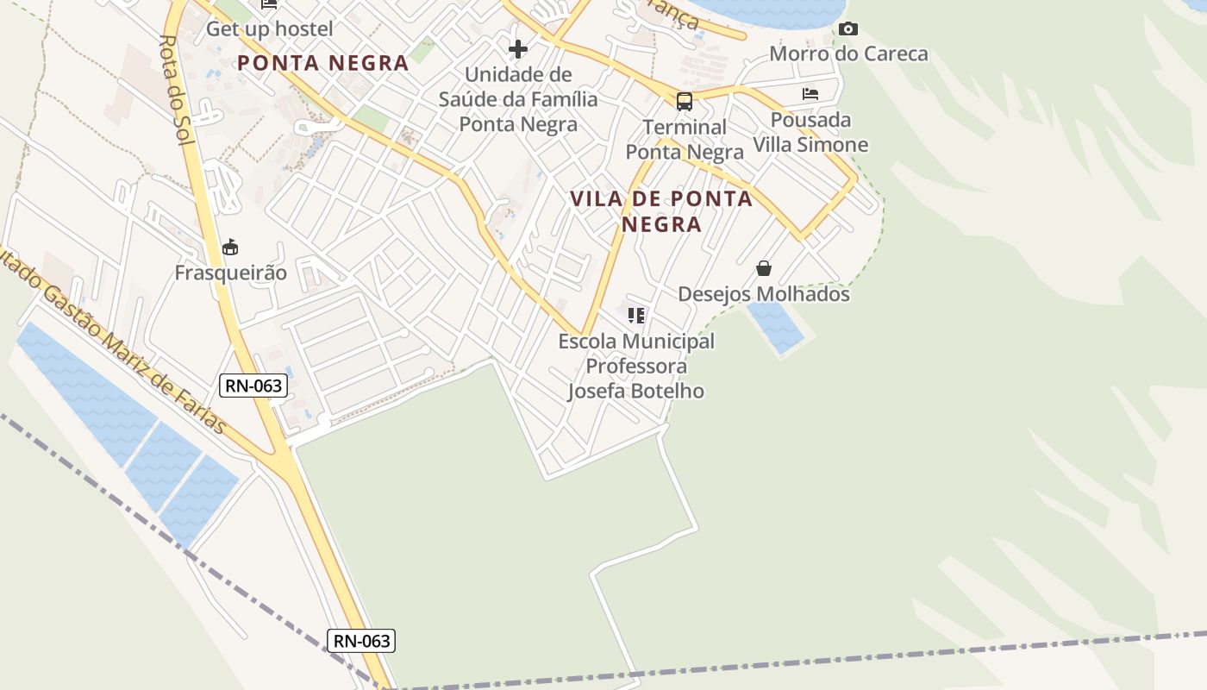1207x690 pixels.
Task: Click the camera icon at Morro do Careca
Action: click(848, 29)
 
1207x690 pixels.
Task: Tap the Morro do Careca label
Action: click(848, 53)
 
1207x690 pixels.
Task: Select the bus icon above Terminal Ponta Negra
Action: click(685, 102)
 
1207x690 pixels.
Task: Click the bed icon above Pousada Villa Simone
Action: click(810, 94)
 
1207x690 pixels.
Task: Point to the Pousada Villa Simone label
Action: click(810, 132)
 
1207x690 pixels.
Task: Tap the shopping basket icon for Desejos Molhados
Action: click(764, 268)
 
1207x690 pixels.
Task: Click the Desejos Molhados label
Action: click(764, 294)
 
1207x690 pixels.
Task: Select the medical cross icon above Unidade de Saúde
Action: click(518, 49)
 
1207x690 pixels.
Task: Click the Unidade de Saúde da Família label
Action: click(518, 99)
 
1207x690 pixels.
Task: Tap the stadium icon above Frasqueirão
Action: click(230, 248)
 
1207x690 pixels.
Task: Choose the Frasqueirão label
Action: click(230, 273)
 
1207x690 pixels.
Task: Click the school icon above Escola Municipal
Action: click(636, 316)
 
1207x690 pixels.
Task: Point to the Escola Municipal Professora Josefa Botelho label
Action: click(636, 366)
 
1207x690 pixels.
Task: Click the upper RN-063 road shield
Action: click(253, 386)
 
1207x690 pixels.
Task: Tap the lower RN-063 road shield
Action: click(362, 641)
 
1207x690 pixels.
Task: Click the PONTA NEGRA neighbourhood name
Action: click(322, 63)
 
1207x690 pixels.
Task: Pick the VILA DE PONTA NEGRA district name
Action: click(661, 211)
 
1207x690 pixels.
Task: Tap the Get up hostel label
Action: click(269, 28)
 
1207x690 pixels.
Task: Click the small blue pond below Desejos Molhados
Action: click(776, 327)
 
